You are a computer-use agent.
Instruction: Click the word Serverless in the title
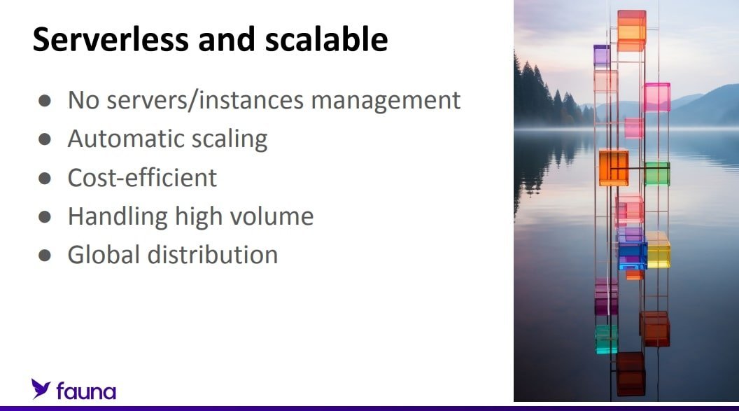111,39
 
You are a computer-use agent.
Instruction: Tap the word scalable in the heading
326,39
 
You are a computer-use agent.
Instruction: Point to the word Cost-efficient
142,178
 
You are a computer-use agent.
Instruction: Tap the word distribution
213,255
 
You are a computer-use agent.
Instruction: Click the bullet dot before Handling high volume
45,217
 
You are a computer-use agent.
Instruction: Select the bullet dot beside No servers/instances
45,100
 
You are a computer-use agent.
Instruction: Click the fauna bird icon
41,389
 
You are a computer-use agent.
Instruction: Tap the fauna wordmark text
86,391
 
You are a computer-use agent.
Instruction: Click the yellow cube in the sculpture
658,249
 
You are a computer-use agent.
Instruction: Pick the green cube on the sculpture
657,174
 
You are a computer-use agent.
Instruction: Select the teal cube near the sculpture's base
606,339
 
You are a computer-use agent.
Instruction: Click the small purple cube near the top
601,55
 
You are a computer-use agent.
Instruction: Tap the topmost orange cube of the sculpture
631,31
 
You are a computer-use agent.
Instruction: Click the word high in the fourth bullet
199,217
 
